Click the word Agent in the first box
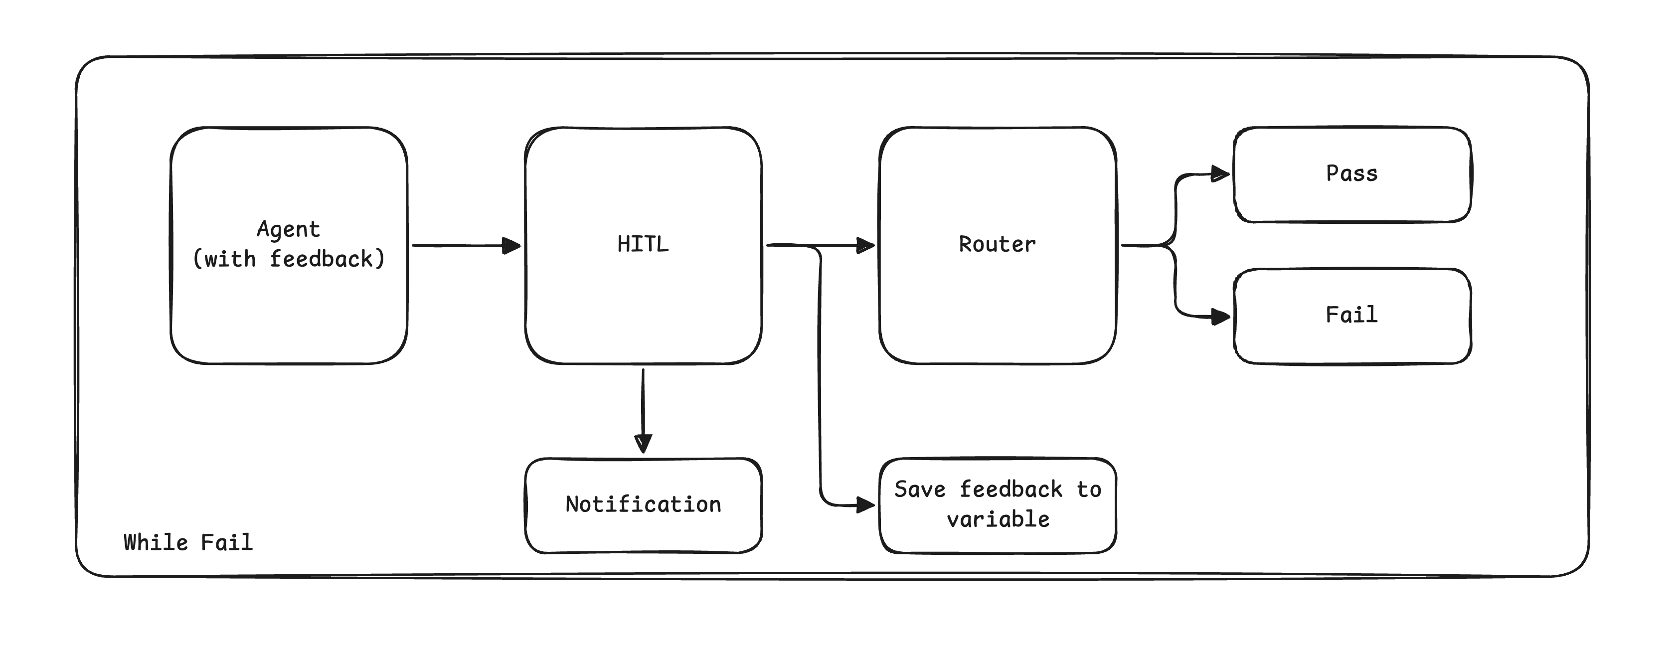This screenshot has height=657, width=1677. pyautogui.click(x=289, y=229)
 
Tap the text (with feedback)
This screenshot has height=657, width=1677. pyautogui.click(x=289, y=259)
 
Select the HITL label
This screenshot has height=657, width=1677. pyautogui.click(x=643, y=244)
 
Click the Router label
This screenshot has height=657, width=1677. pyautogui.click(x=997, y=244)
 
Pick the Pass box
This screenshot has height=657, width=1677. pyautogui.click(x=1351, y=174)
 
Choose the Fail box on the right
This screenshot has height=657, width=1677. pyautogui.click(x=1351, y=316)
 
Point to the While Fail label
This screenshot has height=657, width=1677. pyautogui.click(x=188, y=542)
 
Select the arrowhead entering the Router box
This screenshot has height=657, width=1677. pyautogui.click(x=866, y=245)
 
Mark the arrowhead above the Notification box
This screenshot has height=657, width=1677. pyautogui.click(x=643, y=444)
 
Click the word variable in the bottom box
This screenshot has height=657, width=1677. pyautogui.click(x=998, y=519)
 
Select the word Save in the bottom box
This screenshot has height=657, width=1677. pyautogui.click(x=919, y=490)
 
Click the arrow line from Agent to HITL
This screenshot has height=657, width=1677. pyautogui.click(x=456, y=245)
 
